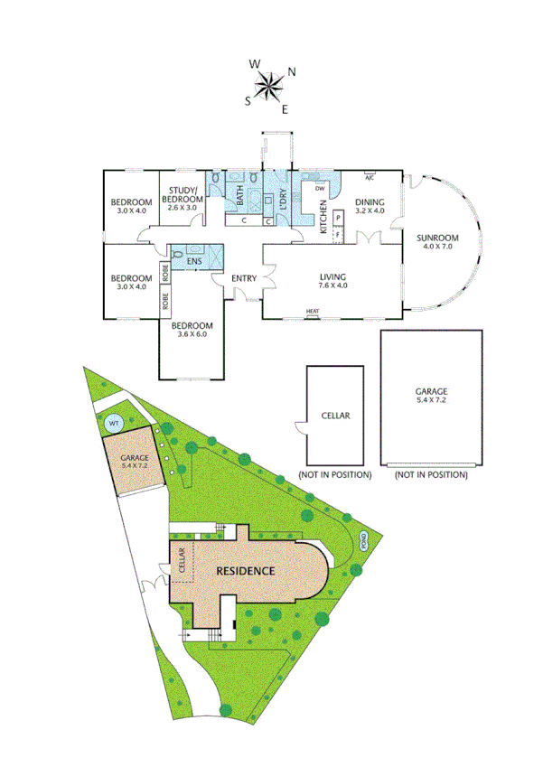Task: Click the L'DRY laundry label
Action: tap(284, 197)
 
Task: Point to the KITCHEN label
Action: tap(323, 217)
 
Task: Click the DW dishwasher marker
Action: tap(320, 188)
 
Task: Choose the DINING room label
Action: tap(370, 201)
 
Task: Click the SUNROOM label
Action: tap(437, 239)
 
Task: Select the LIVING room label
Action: tap(333, 277)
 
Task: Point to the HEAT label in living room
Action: tap(313, 312)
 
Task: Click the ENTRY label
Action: tap(244, 277)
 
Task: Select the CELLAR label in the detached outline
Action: tap(335, 416)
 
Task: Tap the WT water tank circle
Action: tap(114, 422)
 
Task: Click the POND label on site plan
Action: tap(365, 542)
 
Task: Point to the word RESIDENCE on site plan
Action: tap(244, 571)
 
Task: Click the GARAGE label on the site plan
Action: tap(135, 458)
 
